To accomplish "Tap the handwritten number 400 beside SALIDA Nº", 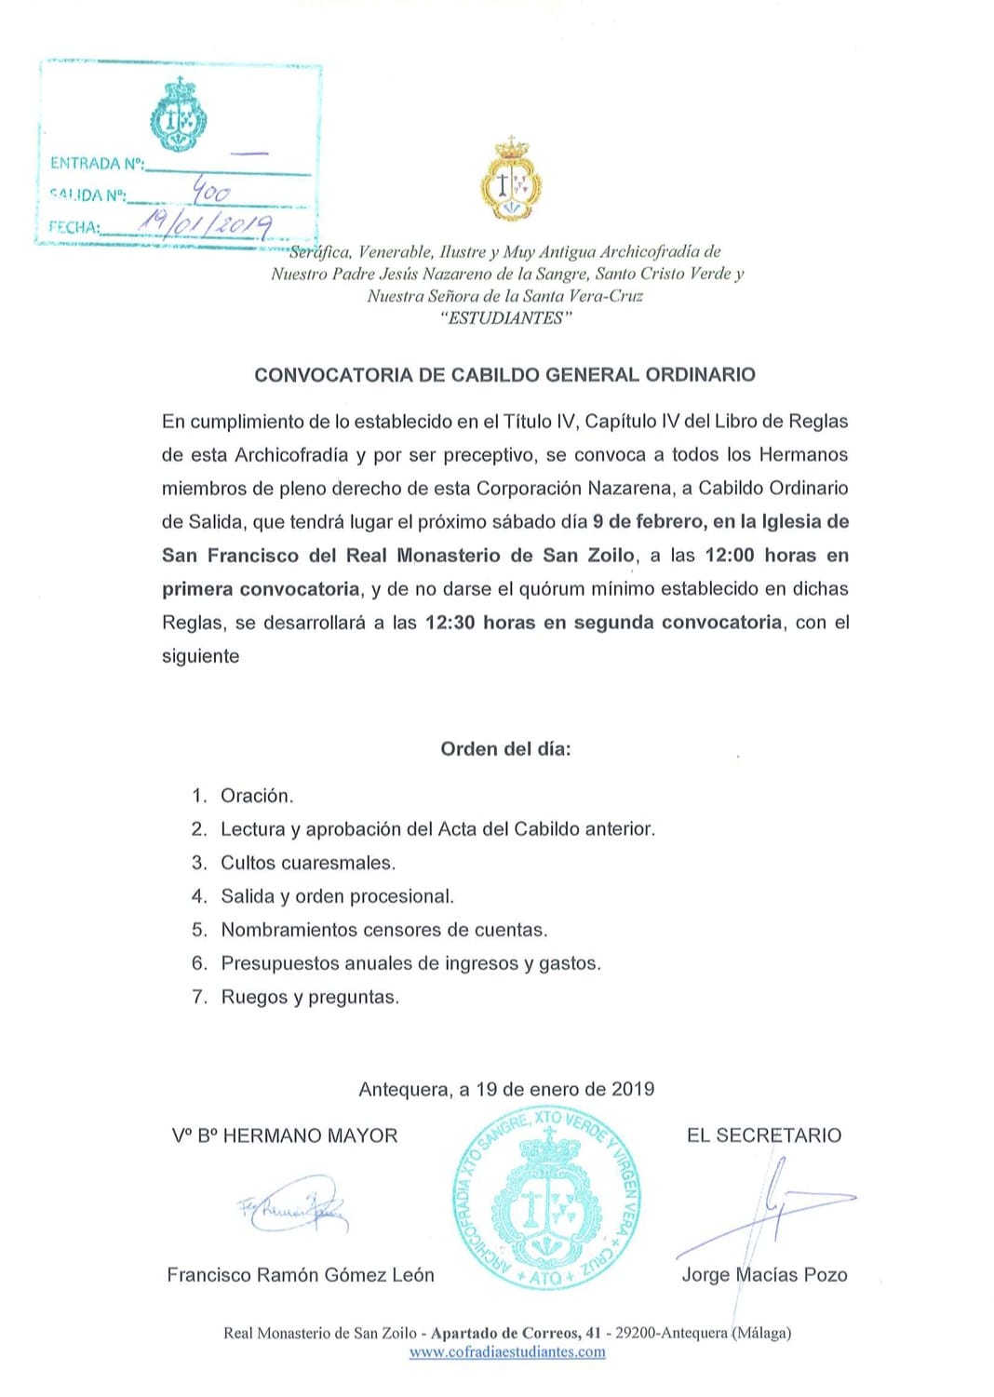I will coord(211,193).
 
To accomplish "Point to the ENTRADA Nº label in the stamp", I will coord(97,164).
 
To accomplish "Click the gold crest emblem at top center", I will coord(510,181).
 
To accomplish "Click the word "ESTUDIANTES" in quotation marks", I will coord(505,318).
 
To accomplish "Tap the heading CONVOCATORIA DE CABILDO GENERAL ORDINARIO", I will coord(504,375).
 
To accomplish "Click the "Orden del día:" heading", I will coord(505,749).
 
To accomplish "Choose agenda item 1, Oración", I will coord(256,796).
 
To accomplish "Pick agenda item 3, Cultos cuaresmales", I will coord(307,863).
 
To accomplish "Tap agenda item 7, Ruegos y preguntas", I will coord(309,997).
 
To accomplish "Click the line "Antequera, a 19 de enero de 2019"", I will coord(506,1089).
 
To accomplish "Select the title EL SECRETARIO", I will coord(763,1135).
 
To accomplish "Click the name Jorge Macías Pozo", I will coord(764,1275).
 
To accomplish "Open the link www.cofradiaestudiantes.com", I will coord(507,1351).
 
